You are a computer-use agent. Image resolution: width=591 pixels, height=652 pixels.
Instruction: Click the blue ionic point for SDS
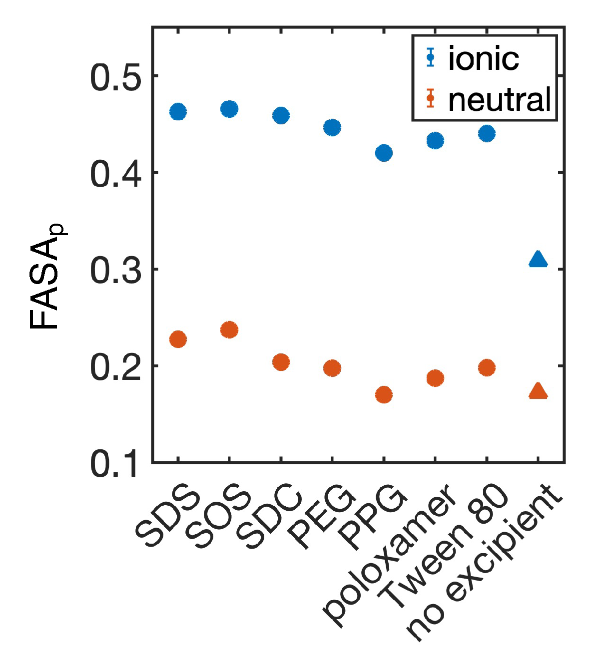point(178,111)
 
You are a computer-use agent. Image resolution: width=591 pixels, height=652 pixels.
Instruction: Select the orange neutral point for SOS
point(229,329)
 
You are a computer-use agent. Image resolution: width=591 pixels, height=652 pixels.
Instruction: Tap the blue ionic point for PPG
point(384,153)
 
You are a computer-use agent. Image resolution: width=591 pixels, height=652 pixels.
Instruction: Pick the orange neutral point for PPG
point(384,395)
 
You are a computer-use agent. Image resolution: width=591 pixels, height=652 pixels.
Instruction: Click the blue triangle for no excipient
point(538,259)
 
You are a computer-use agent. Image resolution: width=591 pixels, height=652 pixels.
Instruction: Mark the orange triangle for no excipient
point(538,391)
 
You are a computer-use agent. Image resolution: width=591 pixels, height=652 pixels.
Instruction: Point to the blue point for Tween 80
point(487,133)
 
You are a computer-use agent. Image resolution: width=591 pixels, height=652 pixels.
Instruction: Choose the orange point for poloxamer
point(435,378)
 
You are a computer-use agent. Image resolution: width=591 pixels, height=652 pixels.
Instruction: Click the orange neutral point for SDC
point(281,361)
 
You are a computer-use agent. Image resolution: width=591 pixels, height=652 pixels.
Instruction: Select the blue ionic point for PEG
point(332,127)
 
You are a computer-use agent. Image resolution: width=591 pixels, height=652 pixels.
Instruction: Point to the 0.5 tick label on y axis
point(113,78)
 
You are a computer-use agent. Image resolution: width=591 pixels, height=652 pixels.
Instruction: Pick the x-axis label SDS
point(167,519)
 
